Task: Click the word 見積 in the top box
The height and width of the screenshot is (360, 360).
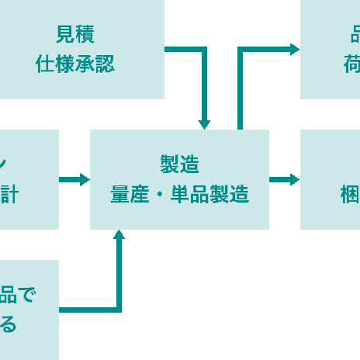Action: (x=75, y=34)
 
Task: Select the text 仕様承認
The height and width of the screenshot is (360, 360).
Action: (x=75, y=64)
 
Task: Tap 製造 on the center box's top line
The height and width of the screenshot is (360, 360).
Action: (x=179, y=164)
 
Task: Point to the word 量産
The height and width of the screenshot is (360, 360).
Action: (x=130, y=194)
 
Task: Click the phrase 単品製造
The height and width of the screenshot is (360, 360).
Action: (x=209, y=194)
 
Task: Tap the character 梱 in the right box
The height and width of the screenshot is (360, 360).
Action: (x=351, y=194)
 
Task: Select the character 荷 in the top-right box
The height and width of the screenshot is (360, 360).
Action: (x=352, y=64)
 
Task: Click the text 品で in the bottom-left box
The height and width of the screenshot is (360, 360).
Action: (x=17, y=295)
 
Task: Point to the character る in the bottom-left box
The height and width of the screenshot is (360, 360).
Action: (x=8, y=324)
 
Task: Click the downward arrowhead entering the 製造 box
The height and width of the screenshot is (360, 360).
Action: (x=204, y=124)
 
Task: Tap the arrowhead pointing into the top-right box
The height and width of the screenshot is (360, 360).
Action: (x=295, y=50)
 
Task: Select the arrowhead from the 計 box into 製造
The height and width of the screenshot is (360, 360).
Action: (x=85, y=179)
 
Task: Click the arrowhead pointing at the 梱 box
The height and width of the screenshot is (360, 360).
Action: (x=295, y=179)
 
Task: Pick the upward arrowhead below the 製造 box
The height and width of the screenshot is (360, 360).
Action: (x=119, y=234)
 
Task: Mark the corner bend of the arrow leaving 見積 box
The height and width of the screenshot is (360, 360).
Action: (x=204, y=50)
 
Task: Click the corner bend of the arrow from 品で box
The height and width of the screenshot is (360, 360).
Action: (x=119, y=310)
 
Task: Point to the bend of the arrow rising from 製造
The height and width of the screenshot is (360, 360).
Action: (x=240, y=50)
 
